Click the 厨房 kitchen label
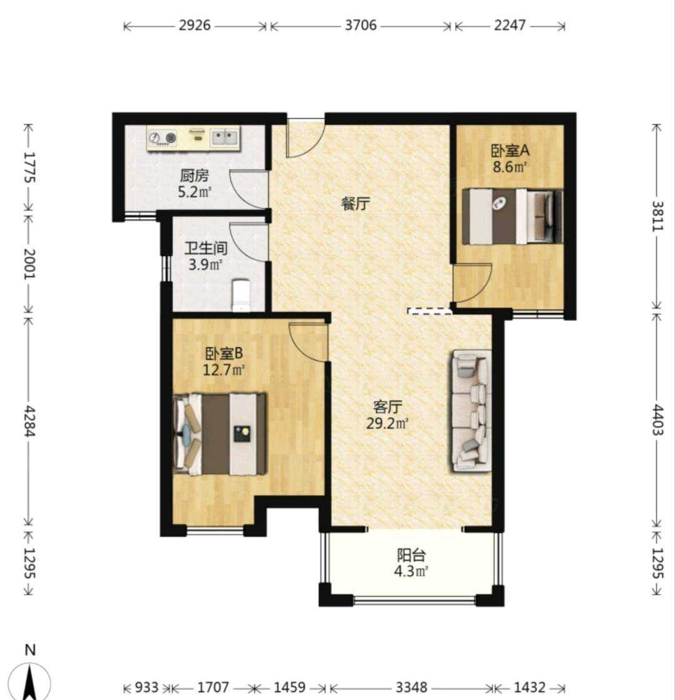click(x=194, y=175)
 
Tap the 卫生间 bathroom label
click(x=206, y=248)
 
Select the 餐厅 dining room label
click(x=356, y=204)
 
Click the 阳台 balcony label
click(x=411, y=555)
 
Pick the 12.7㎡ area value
click(x=224, y=370)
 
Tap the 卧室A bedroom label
click(x=510, y=151)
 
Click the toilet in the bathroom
click(x=241, y=295)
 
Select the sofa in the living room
click(x=472, y=411)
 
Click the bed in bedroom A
click(x=512, y=217)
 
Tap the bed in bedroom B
click(x=220, y=434)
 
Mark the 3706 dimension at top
click(x=361, y=25)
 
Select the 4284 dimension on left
click(x=29, y=421)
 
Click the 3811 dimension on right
click(x=657, y=216)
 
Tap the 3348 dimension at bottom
click(x=411, y=687)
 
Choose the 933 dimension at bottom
click(x=146, y=687)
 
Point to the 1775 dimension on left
click(x=29, y=167)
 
